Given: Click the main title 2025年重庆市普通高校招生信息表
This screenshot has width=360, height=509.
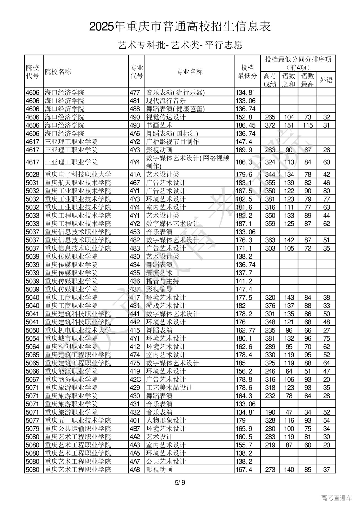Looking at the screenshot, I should (x=180, y=27).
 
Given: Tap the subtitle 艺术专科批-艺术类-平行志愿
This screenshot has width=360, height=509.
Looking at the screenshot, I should (x=180, y=45).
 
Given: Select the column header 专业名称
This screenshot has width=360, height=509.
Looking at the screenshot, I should (x=189, y=72).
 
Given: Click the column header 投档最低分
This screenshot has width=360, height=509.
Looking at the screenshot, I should (x=247, y=72).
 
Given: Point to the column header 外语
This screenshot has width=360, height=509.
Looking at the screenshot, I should (x=326, y=80).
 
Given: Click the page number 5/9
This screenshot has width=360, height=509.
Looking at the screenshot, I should (x=180, y=483).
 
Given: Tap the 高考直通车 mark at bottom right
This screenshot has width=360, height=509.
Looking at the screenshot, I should (x=336, y=498).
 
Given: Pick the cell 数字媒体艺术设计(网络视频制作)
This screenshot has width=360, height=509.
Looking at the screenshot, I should (x=188, y=162).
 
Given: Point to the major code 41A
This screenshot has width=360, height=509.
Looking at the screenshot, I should (x=135, y=174).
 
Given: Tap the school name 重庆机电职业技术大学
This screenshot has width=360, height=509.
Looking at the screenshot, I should (x=78, y=330).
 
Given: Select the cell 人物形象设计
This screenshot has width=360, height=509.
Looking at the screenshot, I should (x=166, y=420).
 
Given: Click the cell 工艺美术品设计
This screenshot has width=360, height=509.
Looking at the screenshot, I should (x=169, y=388).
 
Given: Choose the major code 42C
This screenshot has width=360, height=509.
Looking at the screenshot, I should (x=135, y=379).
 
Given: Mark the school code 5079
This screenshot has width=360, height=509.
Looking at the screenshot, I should (x=33, y=429).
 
